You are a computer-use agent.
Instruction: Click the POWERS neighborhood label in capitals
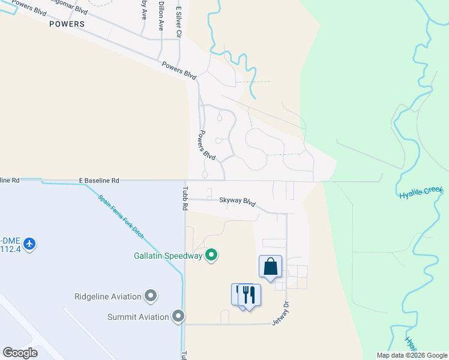tap(67, 24)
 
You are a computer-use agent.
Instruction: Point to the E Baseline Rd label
tap(99, 180)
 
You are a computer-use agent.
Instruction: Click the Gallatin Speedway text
tap(168, 256)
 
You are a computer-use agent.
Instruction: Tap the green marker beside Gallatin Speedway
tap(211, 256)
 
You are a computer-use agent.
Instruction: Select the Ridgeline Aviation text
tap(108, 296)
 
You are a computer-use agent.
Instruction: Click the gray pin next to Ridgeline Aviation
tap(151, 296)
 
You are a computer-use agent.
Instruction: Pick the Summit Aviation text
tap(138, 316)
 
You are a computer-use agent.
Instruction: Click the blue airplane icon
tap(30, 244)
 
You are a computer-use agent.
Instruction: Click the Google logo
tap(20, 353)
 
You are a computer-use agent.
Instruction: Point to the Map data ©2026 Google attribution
tap(411, 355)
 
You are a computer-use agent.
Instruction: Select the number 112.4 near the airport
tap(11, 248)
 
